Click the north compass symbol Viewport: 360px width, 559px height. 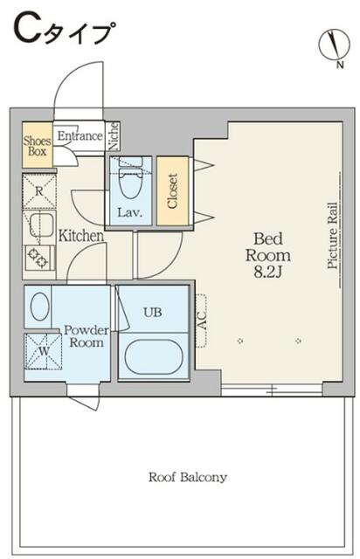pyautogui.click(x=335, y=45)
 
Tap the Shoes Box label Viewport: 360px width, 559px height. pyautogui.click(x=37, y=146)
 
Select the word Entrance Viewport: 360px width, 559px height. pyautogui.click(x=80, y=136)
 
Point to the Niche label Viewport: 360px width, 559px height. pyautogui.click(x=114, y=136)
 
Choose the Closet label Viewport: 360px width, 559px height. pyautogui.click(x=172, y=190)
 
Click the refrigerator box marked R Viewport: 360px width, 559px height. pyautogui.click(x=39, y=190)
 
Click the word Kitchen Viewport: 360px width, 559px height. pyautogui.click(x=81, y=236)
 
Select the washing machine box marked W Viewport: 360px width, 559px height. pyautogui.click(x=43, y=352)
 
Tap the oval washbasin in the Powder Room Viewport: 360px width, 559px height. pyautogui.click(x=40, y=307)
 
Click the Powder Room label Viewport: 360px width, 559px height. pyautogui.click(x=87, y=335)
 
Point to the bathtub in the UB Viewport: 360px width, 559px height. pyautogui.click(x=154, y=357)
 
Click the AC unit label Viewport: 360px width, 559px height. pyautogui.click(x=202, y=321)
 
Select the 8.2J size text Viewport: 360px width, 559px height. pyautogui.click(x=268, y=273)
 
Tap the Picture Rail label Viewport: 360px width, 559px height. pyautogui.click(x=333, y=236)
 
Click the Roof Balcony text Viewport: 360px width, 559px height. pyautogui.click(x=188, y=477)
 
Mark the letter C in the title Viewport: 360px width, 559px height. pyautogui.click(x=26, y=30)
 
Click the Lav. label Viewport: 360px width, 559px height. pyautogui.click(x=130, y=213)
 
